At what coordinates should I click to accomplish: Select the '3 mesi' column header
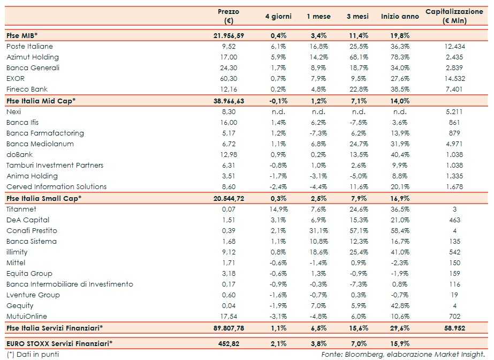(356, 17)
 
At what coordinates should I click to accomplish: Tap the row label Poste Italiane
(29, 47)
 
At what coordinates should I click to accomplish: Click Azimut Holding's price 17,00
(229, 57)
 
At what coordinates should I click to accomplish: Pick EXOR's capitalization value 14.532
(455, 79)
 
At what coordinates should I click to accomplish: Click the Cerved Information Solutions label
(56, 187)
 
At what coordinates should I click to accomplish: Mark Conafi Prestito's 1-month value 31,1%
(318, 230)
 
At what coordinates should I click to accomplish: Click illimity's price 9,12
(229, 252)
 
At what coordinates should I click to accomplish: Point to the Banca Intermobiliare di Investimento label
(70, 284)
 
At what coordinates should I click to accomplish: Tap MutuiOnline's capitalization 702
(455, 317)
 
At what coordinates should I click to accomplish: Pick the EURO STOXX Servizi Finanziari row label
(62, 342)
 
